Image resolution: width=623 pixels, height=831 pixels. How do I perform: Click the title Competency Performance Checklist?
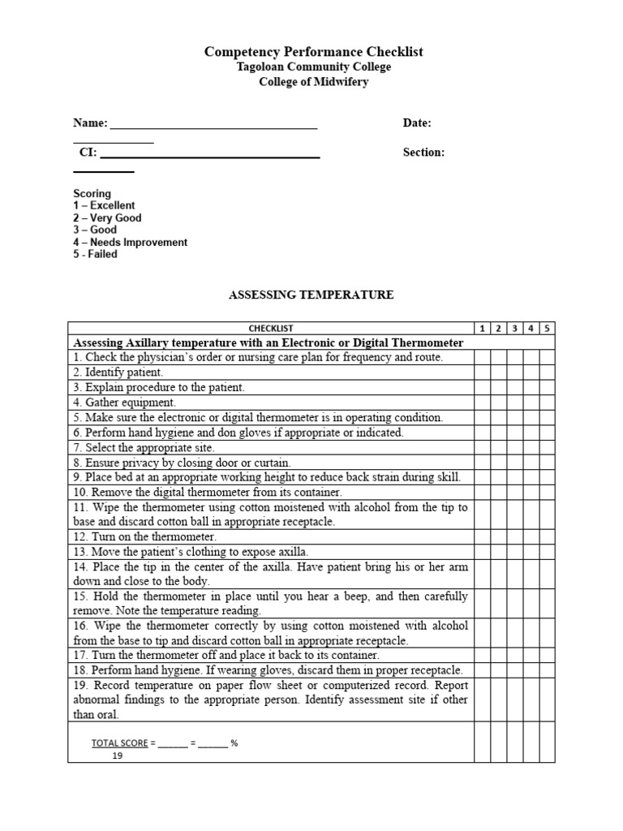[x=313, y=52]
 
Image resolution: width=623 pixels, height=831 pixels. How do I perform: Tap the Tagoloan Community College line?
[x=313, y=67]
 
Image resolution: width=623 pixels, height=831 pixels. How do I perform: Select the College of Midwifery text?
[x=313, y=83]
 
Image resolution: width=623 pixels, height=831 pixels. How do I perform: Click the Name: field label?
[x=90, y=123]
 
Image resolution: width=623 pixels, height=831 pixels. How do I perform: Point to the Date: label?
[x=417, y=123]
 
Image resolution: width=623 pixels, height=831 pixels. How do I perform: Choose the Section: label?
[x=423, y=153]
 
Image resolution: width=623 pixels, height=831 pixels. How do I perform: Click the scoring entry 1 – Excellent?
[x=104, y=206]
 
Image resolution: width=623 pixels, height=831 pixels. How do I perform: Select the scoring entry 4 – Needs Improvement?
[x=130, y=243]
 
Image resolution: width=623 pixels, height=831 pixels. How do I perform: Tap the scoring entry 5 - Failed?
[x=95, y=255]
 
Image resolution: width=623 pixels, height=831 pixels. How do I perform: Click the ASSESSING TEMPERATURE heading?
[x=312, y=295]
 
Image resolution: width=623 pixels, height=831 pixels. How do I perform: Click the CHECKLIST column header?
[x=271, y=329]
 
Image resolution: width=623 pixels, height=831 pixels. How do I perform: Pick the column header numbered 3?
[x=514, y=329]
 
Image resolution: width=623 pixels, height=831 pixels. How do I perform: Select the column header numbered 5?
[x=547, y=329]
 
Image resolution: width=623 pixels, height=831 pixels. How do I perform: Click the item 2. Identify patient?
[x=118, y=372]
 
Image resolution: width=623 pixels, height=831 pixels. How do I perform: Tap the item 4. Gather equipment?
[x=124, y=403]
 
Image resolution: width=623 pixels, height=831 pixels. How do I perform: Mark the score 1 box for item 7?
[x=483, y=448]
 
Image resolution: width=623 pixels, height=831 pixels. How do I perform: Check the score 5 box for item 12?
[x=547, y=537]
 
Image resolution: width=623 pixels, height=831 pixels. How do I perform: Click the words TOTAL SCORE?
[x=119, y=743]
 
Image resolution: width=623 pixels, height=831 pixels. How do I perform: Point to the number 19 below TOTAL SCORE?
[x=118, y=756]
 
